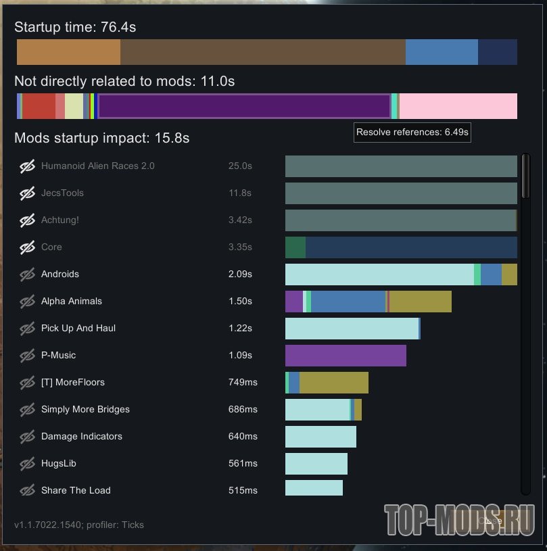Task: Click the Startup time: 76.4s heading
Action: pyautogui.click(x=75, y=28)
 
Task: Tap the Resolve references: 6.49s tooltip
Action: pyautogui.click(x=412, y=133)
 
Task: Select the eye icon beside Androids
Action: pyautogui.click(x=27, y=274)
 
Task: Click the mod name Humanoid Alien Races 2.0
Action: pyautogui.click(x=97, y=166)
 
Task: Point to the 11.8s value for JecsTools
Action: pyautogui.click(x=240, y=193)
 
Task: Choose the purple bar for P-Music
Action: pyautogui.click(x=346, y=356)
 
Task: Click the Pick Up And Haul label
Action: pyautogui.click(x=78, y=328)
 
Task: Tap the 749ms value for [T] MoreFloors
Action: pyautogui.click(x=243, y=382)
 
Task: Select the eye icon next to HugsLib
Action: pyautogui.click(x=27, y=464)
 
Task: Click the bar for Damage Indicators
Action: pyautogui.click(x=320, y=437)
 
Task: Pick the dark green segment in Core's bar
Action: pyautogui.click(x=295, y=247)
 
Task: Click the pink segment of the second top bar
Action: pyautogui.click(x=458, y=106)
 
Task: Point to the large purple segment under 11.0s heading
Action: pyautogui.click(x=243, y=106)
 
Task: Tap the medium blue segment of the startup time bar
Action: pyautogui.click(x=442, y=52)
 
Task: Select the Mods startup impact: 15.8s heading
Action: pyautogui.click(x=101, y=139)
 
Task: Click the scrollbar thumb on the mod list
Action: pyautogui.click(x=525, y=176)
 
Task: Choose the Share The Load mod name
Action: pyautogui.click(x=76, y=490)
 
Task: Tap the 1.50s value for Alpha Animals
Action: pyautogui.click(x=240, y=301)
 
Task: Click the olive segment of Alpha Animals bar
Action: pyautogui.click(x=420, y=302)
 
